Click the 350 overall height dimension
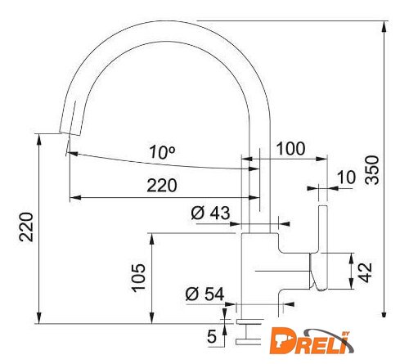point(372,170)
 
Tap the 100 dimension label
point(290,149)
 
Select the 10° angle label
point(162,152)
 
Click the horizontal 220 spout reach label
point(162,186)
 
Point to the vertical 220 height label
point(26,227)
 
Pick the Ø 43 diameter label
point(210,213)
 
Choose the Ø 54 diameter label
point(204,294)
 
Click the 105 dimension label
point(139,278)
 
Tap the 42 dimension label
point(366,272)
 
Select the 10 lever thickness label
point(347,178)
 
